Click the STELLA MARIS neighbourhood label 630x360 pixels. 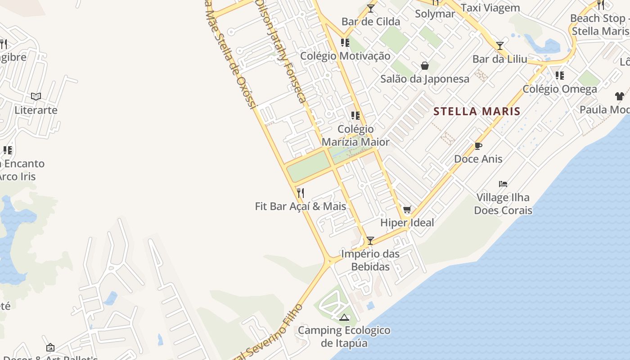[x=477, y=111]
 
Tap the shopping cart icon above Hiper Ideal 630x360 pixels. [x=407, y=209]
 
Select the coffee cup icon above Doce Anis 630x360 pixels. [x=478, y=146]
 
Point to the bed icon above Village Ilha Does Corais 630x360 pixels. [x=503, y=184]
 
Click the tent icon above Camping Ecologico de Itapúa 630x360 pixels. [x=344, y=317]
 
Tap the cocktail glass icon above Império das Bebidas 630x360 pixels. [x=370, y=241]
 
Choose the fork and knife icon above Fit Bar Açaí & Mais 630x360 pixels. [x=301, y=193]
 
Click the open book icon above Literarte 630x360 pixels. [x=36, y=96]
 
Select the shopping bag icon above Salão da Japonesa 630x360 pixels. [x=424, y=66]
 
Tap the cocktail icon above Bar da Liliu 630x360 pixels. [x=500, y=46]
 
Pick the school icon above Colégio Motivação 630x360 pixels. [x=345, y=43]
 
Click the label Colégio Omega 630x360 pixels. [x=560, y=89]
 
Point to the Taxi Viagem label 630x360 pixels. [x=490, y=8]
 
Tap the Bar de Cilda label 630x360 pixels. [x=370, y=21]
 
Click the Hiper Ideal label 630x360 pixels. [x=407, y=222]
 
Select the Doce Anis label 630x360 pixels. [x=478, y=158]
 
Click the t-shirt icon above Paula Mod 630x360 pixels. [x=620, y=96]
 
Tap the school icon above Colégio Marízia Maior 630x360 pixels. [x=355, y=116]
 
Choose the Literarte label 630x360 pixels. [x=36, y=110]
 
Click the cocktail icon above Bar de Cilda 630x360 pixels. [x=371, y=9]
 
